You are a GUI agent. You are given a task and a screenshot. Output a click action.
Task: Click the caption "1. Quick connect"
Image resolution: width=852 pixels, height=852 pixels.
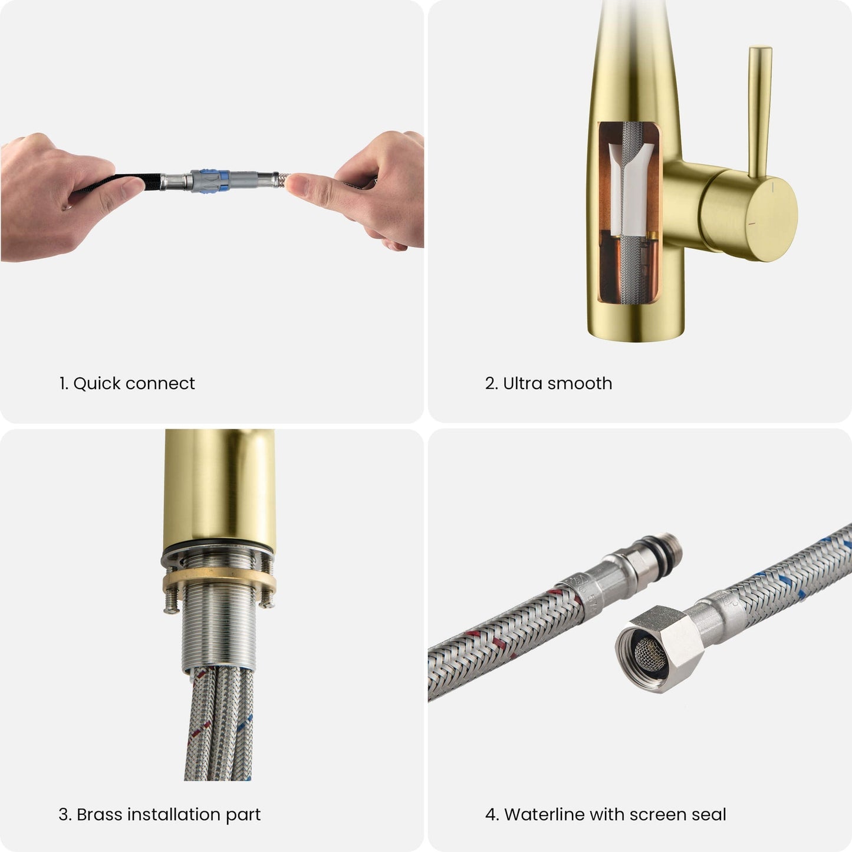pyautogui.click(x=127, y=383)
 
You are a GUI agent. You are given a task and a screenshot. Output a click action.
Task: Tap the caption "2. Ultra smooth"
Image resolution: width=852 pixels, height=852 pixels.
pyautogui.click(x=548, y=383)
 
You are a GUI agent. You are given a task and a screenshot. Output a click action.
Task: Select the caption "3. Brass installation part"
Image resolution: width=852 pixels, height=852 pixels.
pyautogui.click(x=159, y=814)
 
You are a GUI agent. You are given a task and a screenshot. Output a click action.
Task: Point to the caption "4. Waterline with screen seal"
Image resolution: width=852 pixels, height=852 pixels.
pyautogui.click(x=606, y=814)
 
